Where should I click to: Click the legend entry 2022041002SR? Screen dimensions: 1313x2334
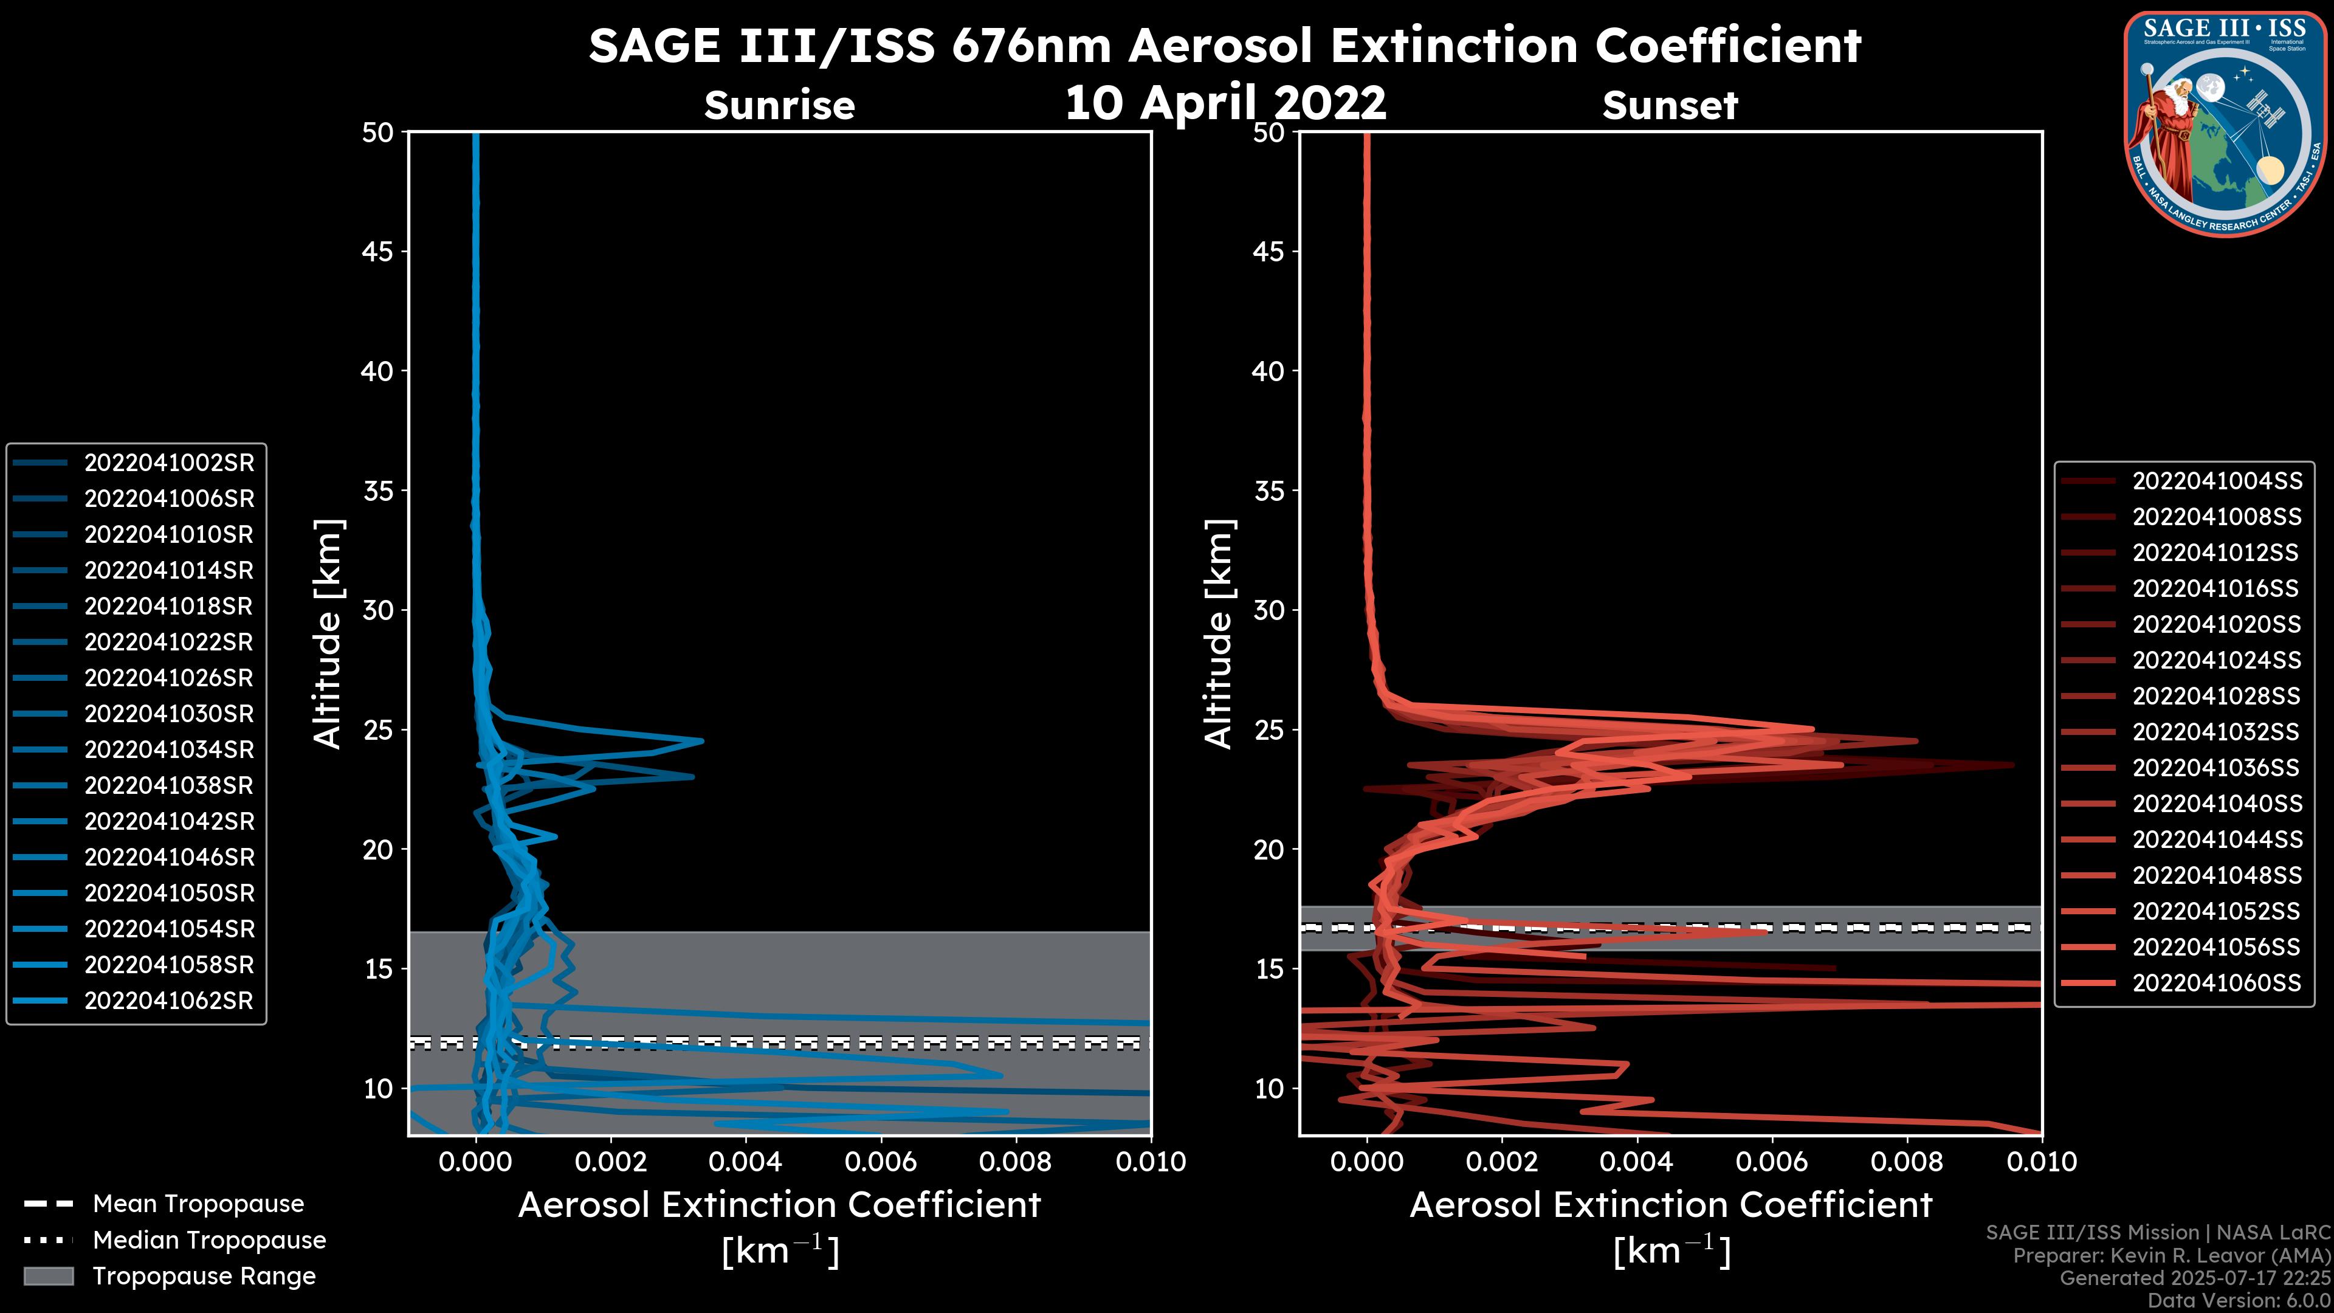168,463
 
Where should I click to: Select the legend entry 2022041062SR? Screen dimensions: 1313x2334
168,1001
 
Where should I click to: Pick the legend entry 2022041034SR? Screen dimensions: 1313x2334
168,750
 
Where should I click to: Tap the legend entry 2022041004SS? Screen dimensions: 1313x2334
2216,481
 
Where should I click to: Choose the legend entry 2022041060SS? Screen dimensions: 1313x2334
2216,983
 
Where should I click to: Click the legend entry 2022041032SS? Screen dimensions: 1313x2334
2216,732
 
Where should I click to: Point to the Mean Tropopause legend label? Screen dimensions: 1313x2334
198,1204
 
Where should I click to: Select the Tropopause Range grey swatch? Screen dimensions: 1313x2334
48,1277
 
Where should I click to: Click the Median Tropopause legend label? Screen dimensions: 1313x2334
209,1241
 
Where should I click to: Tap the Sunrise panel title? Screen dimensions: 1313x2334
779,106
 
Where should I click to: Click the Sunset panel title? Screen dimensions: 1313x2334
1670,106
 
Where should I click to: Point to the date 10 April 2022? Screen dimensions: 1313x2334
1225,102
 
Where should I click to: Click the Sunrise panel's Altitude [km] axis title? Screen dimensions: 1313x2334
327,633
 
